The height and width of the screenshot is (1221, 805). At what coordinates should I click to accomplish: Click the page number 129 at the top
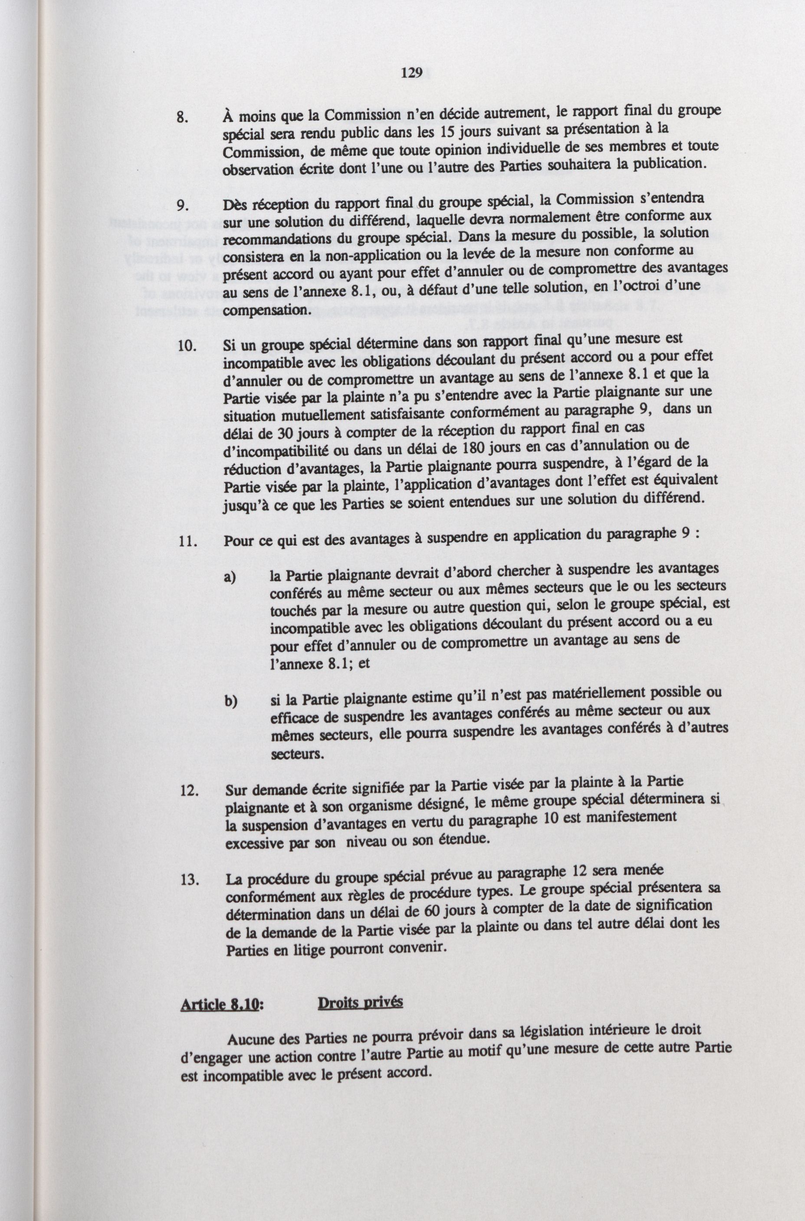point(412,73)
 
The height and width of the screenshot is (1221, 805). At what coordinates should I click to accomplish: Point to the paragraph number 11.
point(186,542)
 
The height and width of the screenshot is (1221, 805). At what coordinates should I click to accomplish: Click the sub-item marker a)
point(230,578)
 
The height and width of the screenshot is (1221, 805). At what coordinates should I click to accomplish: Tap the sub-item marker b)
point(230,702)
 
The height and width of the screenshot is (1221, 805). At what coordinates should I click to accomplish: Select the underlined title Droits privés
point(360,1002)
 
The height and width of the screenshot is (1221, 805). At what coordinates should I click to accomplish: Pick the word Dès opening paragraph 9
point(235,204)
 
